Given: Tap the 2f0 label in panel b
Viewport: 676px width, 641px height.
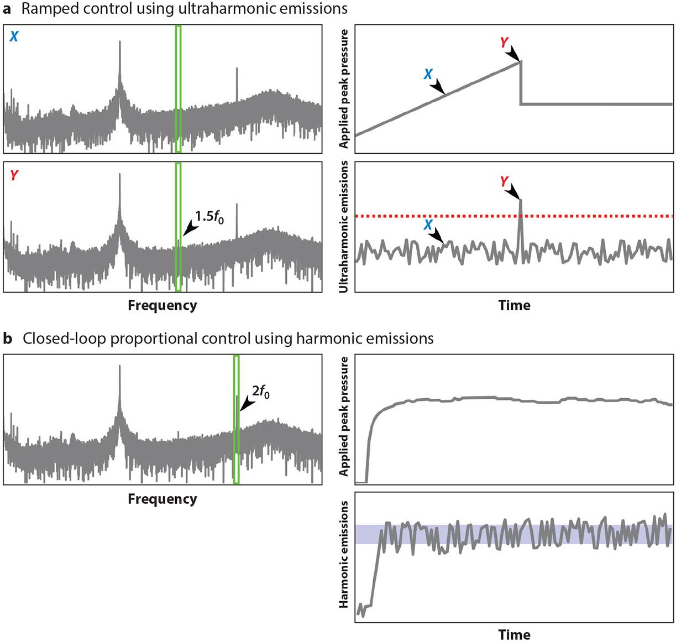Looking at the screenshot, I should (261, 394).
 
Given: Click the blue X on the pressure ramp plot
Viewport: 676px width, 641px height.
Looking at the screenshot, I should (428, 74).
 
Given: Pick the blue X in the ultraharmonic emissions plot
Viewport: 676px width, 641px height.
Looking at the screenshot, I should (428, 225).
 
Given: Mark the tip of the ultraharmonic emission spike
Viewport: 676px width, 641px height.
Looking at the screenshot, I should (520, 200).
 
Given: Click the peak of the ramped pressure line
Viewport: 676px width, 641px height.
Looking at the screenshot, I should (520, 61).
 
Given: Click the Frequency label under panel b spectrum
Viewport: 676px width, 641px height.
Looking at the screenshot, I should (162, 499).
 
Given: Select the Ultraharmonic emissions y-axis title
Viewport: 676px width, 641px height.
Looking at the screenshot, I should (344, 227).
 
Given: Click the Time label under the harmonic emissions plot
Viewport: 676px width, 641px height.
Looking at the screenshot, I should (514, 634).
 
